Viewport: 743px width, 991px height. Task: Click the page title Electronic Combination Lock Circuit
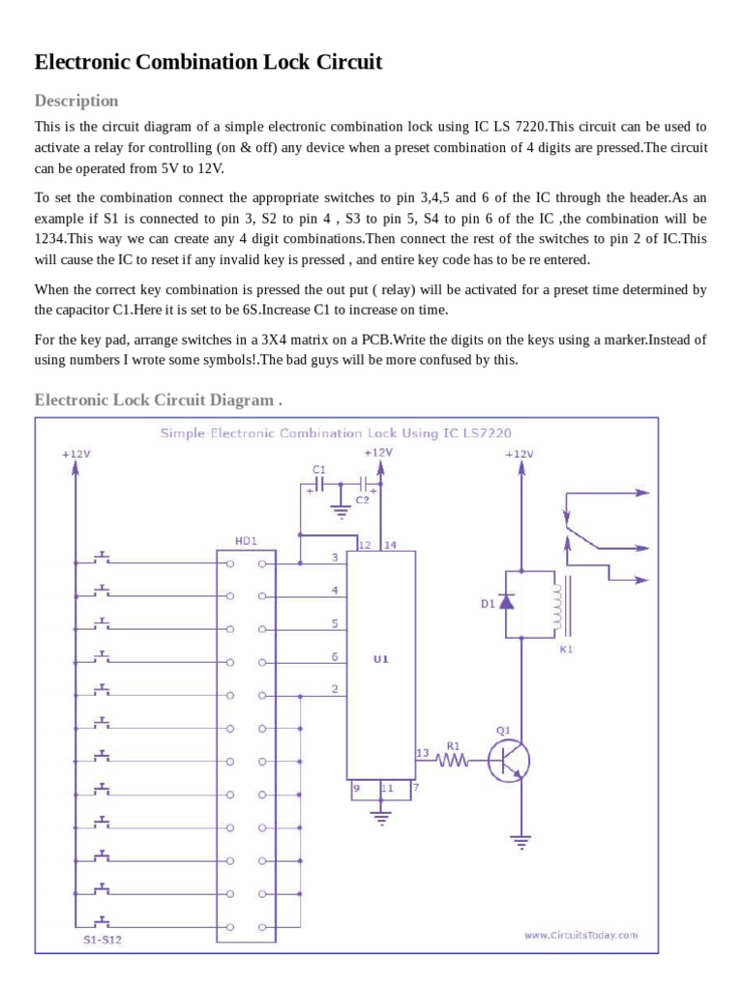[x=208, y=63]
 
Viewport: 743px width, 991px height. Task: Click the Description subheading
[x=76, y=101]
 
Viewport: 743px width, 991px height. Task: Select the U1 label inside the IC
[x=381, y=658]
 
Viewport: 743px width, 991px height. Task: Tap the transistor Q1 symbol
[x=507, y=761]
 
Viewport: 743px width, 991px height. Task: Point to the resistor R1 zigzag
[x=452, y=762]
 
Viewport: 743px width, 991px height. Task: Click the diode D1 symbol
[x=505, y=602]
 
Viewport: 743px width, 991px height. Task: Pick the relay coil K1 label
[x=566, y=649]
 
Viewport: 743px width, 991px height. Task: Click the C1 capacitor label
[x=318, y=468]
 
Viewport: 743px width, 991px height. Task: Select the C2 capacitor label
[x=362, y=500]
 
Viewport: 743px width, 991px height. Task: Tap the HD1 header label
[x=245, y=542]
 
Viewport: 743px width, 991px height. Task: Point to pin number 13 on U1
[x=422, y=752]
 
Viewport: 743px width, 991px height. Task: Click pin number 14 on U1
[x=391, y=545]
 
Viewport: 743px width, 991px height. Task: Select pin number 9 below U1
[x=356, y=788]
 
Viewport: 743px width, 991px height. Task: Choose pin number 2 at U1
[x=335, y=689]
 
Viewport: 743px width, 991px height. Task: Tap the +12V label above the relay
[x=520, y=453]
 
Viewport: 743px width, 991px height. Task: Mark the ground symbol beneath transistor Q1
[x=522, y=841]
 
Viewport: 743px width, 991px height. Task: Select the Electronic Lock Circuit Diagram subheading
[x=159, y=400]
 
